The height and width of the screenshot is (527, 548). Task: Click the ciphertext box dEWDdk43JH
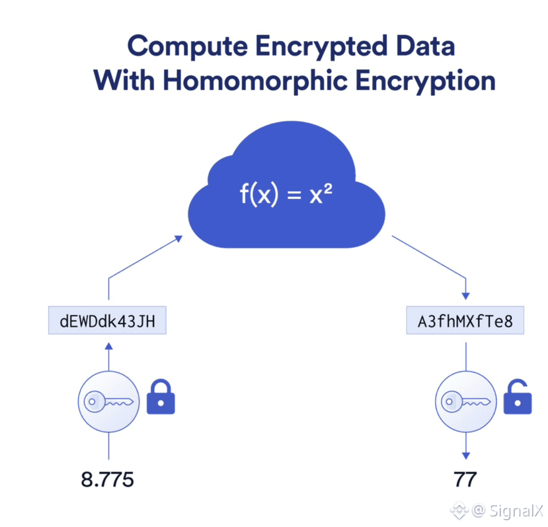(108, 322)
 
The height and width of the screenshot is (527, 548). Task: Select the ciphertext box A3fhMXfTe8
(466, 322)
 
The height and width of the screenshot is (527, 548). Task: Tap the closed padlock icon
(160, 397)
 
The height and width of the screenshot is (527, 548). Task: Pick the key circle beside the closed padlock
(108, 400)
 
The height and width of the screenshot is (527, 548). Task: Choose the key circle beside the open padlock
(466, 400)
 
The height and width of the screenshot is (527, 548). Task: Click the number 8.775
(107, 479)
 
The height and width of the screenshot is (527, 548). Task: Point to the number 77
(465, 479)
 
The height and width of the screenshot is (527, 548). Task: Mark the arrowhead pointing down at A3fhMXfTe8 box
(466, 295)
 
